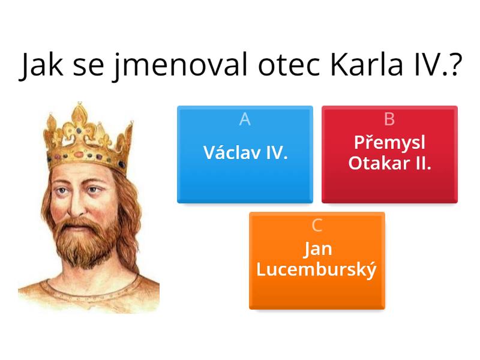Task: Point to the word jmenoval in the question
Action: [x=179, y=67]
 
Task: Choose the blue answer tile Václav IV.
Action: [x=245, y=155]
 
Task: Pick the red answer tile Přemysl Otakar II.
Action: [x=389, y=155]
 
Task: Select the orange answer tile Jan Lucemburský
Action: [x=317, y=261]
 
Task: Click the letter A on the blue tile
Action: [x=245, y=119]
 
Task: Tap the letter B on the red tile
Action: [x=389, y=119]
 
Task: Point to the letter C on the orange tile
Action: [x=317, y=226]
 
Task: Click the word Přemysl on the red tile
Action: [x=389, y=143]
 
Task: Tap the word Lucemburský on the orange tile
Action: [x=317, y=270]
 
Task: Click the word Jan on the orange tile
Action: [x=317, y=249]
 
